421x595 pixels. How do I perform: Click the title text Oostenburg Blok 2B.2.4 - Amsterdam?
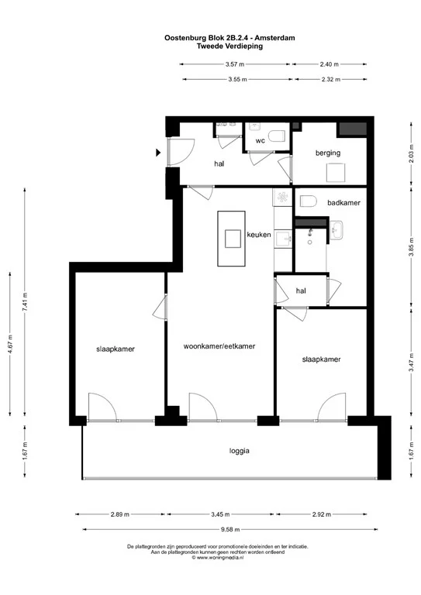click(x=229, y=37)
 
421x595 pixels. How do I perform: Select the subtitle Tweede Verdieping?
click(x=229, y=46)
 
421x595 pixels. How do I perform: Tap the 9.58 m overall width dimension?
click(x=229, y=529)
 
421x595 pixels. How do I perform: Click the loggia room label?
click(x=240, y=451)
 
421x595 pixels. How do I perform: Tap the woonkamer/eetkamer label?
click(x=219, y=346)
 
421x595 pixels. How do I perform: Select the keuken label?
click(x=258, y=235)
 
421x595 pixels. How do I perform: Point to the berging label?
click(x=328, y=153)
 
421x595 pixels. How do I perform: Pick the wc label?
click(x=261, y=141)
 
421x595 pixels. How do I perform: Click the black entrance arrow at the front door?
click(x=160, y=153)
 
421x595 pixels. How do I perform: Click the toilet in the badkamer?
click(x=308, y=201)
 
